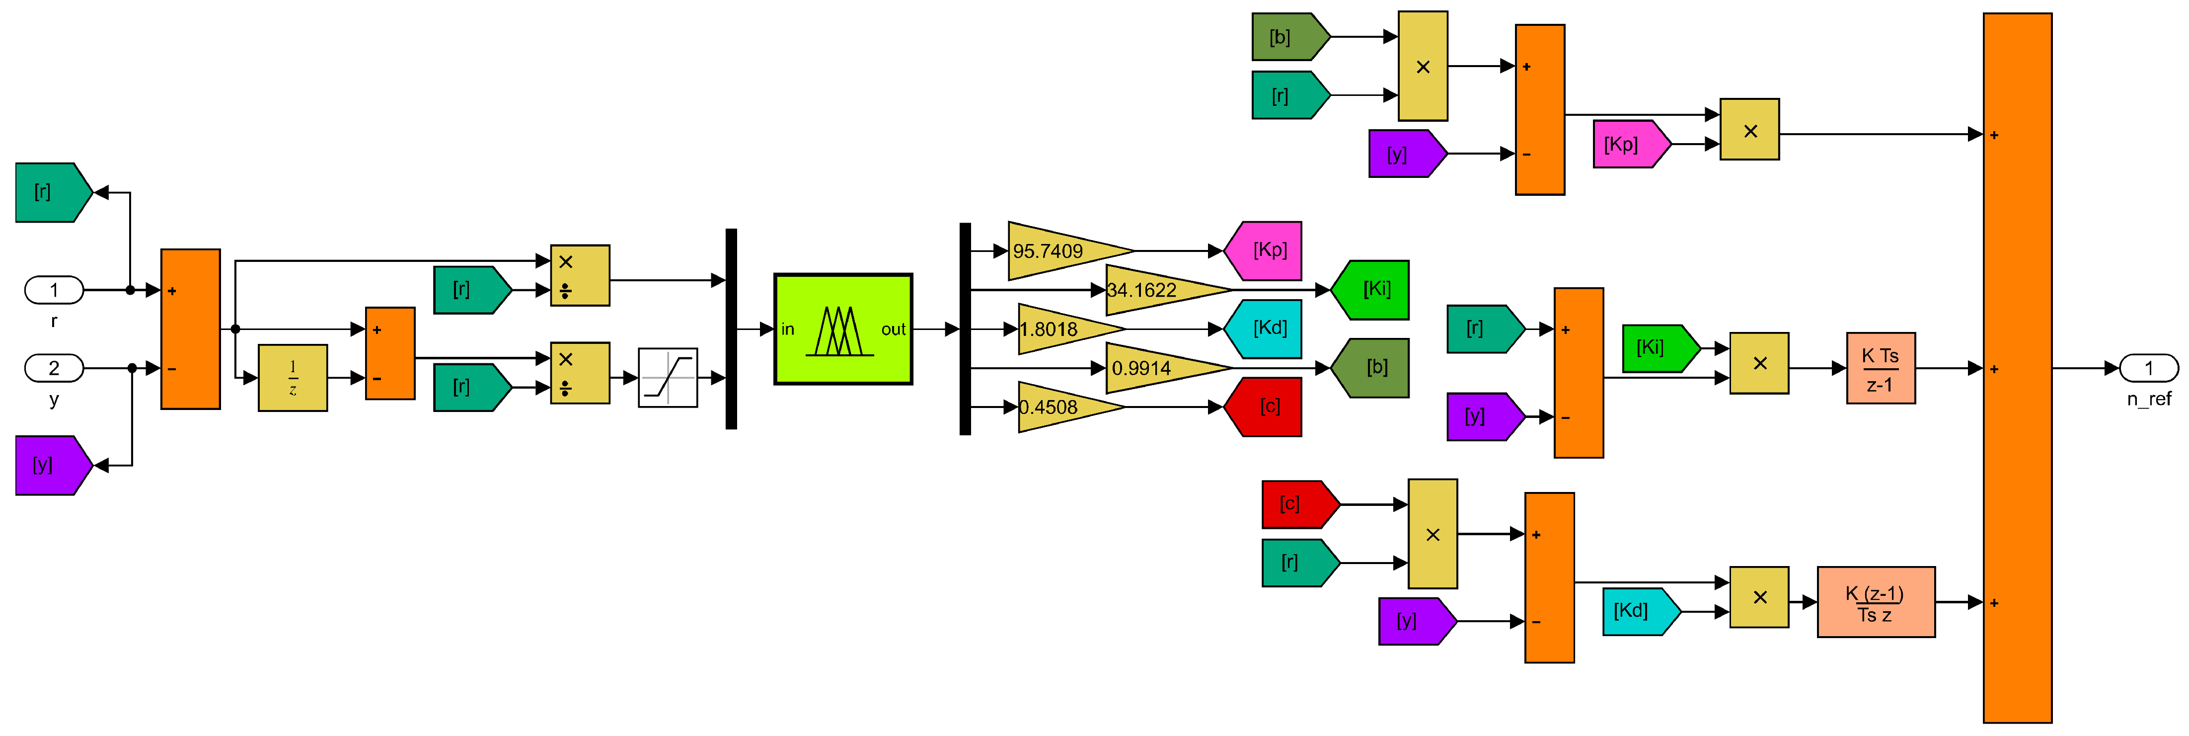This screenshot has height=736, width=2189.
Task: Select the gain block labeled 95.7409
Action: [1062, 250]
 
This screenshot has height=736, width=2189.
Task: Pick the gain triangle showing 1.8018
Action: [1062, 329]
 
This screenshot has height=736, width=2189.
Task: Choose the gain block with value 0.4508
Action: [1062, 407]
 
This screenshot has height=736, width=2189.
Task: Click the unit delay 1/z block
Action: [293, 377]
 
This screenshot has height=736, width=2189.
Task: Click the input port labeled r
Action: [54, 290]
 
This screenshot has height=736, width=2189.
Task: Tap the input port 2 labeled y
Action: [54, 368]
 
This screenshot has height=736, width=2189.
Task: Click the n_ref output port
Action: [2148, 368]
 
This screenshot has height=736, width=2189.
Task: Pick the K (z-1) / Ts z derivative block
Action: [1876, 602]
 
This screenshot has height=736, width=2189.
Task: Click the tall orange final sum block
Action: [2017, 368]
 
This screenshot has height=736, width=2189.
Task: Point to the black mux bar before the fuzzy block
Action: [731, 329]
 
